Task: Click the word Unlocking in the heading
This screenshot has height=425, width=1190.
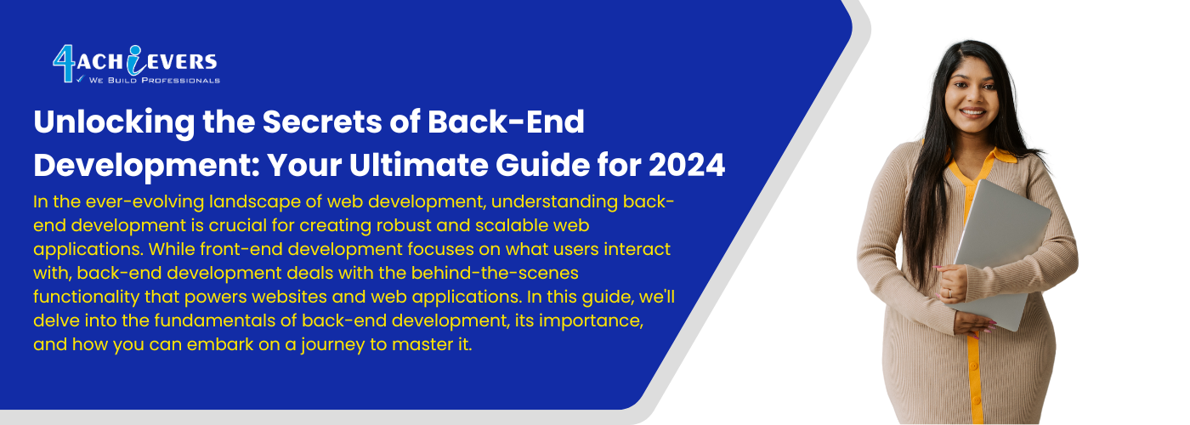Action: tap(114, 122)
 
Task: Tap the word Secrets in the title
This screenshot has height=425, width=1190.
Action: tap(322, 122)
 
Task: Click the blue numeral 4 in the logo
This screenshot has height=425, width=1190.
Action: tap(65, 63)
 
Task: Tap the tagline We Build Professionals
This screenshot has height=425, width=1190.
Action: tap(154, 80)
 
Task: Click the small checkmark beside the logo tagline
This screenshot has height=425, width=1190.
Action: tap(81, 78)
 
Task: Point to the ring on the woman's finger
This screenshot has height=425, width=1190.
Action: tap(950, 292)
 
